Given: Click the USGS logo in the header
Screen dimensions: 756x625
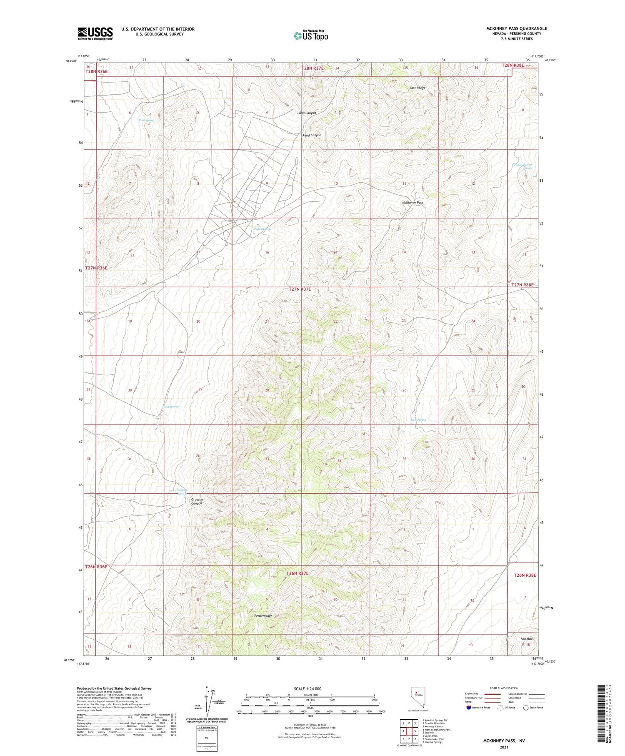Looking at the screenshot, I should point(95,33).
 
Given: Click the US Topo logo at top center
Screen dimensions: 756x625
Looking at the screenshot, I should point(311,35).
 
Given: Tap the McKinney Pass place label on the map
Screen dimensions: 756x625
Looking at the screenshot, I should point(412,203).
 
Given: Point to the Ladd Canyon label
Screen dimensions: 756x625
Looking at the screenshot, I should point(306,113).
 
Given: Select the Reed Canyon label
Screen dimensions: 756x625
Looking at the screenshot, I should point(312,135).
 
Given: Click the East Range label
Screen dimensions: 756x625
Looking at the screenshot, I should point(417,88).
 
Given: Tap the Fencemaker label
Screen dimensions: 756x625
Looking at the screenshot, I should point(263,615).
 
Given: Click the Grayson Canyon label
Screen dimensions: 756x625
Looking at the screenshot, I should point(197,501).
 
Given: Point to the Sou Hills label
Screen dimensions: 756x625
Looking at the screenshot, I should point(527,639).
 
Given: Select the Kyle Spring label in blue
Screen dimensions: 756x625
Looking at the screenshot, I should point(418,420).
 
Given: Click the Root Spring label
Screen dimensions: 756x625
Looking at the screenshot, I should point(146,120).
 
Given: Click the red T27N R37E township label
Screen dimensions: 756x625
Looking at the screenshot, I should point(300,289).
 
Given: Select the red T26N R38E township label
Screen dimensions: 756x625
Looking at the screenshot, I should point(525,575).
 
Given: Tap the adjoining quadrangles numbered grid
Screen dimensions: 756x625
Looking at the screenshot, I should point(409,731).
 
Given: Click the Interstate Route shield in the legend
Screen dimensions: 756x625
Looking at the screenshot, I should point(468,708).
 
